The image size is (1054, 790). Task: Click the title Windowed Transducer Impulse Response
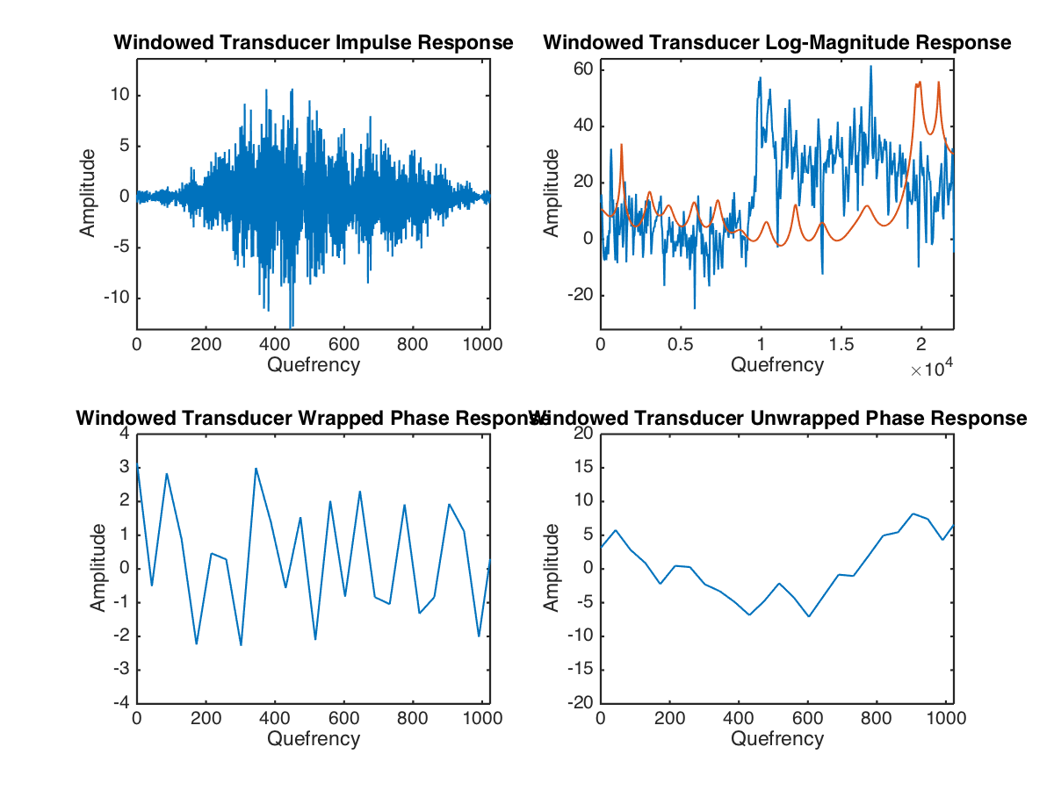click(x=313, y=42)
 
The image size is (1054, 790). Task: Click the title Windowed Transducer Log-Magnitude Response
click(x=777, y=42)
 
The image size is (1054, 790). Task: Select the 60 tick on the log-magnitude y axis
click(x=585, y=69)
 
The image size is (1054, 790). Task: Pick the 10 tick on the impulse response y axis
click(x=119, y=94)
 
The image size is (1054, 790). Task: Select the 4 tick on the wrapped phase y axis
click(x=125, y=434)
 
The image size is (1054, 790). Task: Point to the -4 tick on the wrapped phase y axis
click(x=122, y=704)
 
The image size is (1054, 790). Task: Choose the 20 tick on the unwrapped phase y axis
click(x=583, y=434)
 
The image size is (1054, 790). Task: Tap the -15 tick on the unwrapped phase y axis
click(x=580, y=671)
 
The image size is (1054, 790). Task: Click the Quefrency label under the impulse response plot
click(x=314, y=364)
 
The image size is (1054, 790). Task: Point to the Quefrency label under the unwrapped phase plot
click(x=777, y=739)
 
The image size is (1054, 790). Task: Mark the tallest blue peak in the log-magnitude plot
click(x=871, y=67)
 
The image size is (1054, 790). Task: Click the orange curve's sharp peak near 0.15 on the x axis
click(x=622, y=145)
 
